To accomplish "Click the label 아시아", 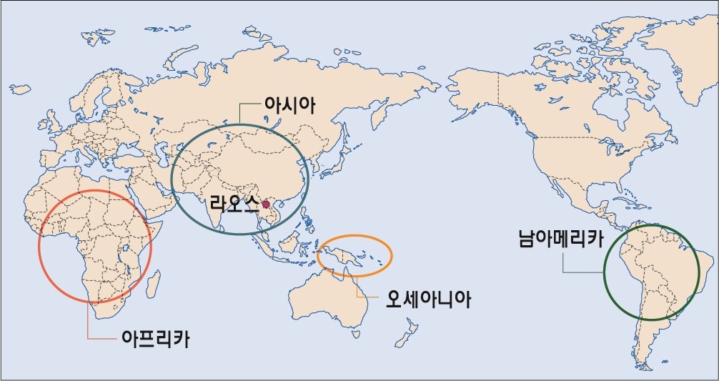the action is click(x=290, y=106).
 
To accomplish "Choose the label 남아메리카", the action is click(x=560, y=237).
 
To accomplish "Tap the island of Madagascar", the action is click(x=152, y=286).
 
